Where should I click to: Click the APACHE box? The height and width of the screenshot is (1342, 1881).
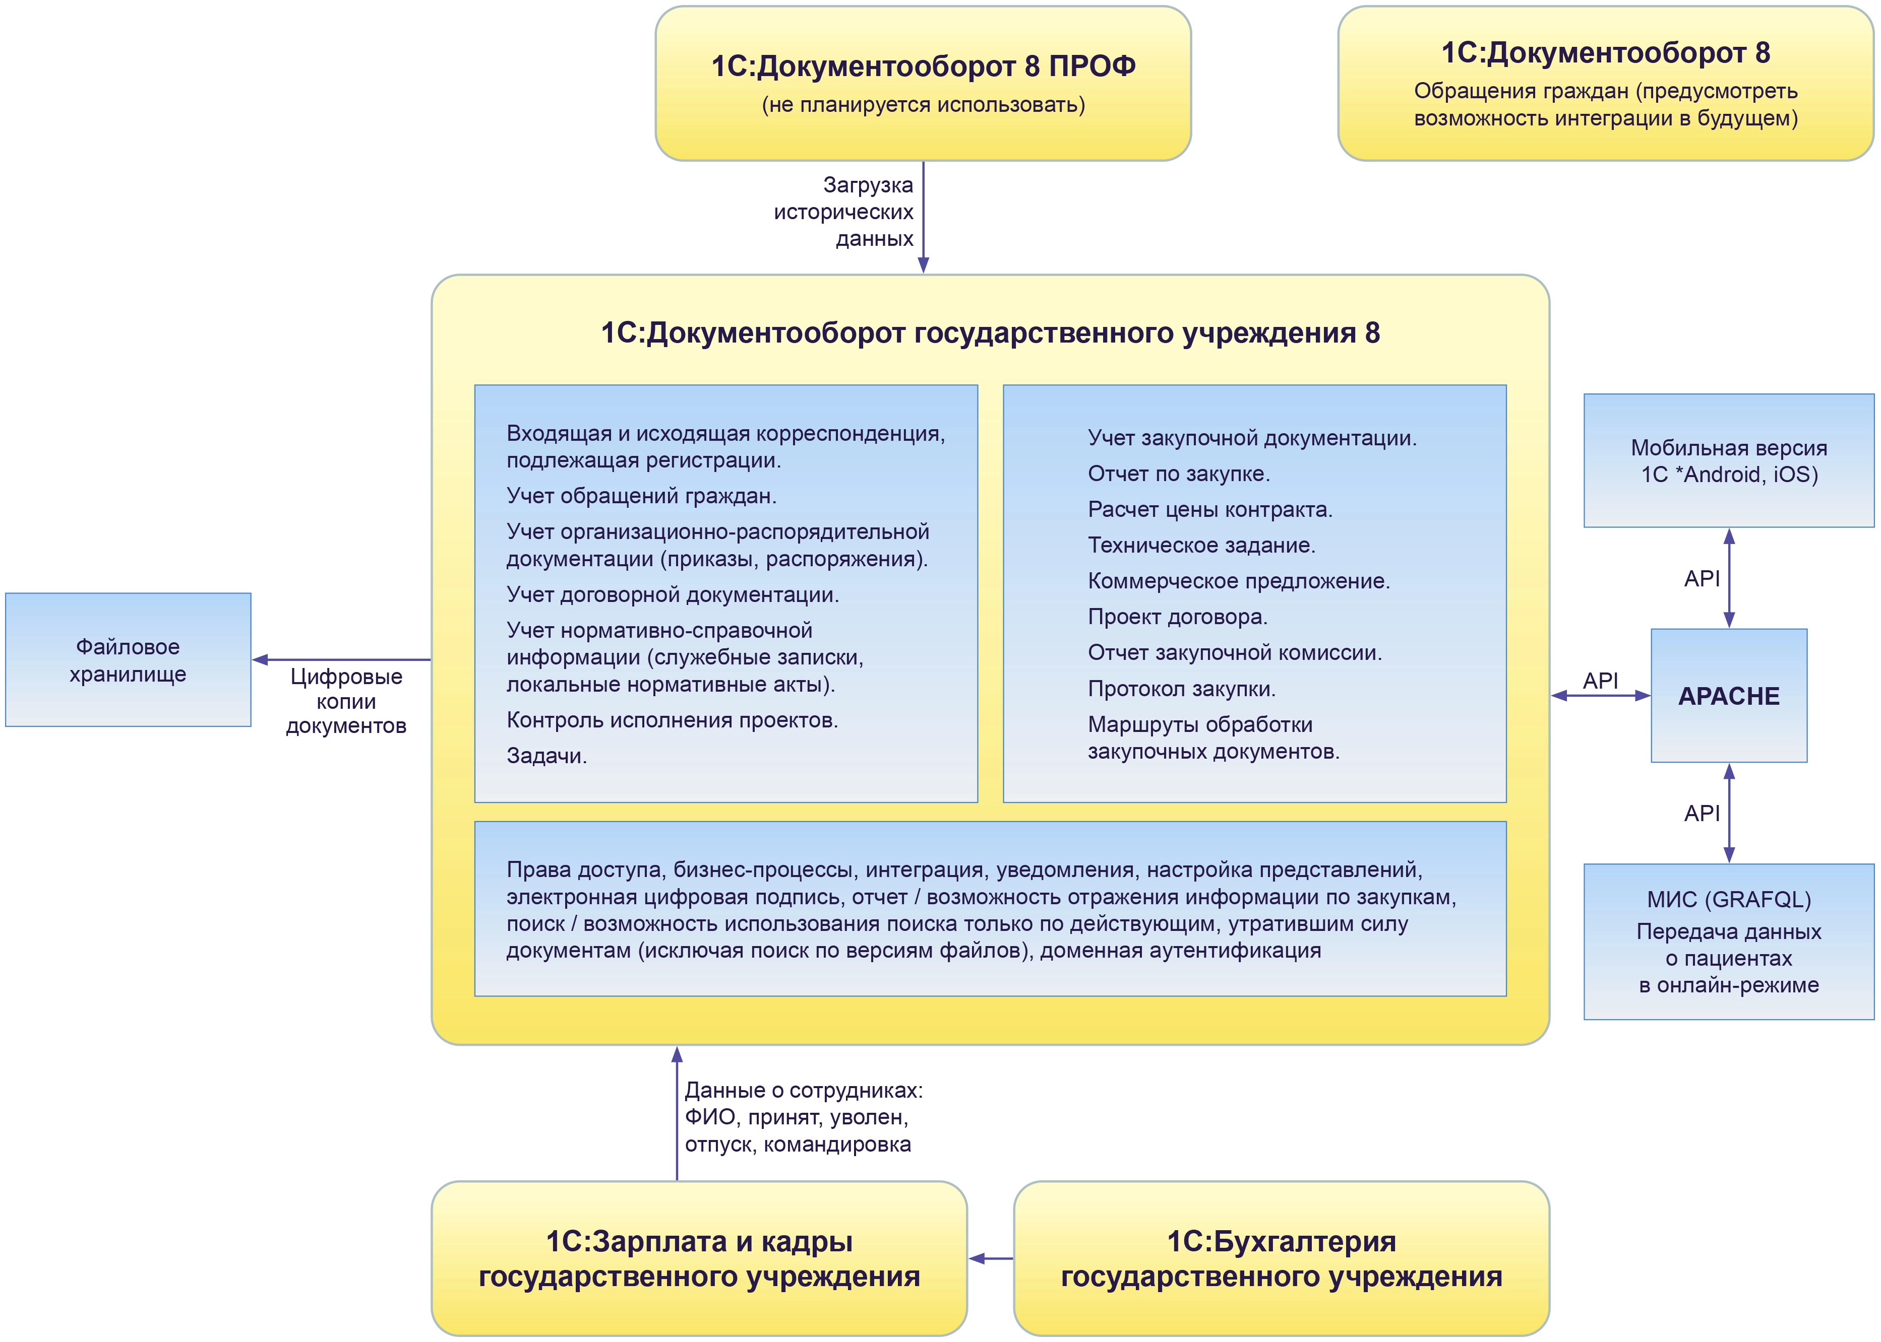pyautogui.click(x=1728, y=696)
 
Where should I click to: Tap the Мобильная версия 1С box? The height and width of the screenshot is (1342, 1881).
pyautogui.click(x=1728, y=460)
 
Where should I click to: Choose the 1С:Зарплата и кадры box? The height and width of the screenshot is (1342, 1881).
pyautogui.click(x=699, y=1258)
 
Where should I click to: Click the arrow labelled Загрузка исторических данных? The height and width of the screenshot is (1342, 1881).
pyautogui.click(x=924, y=215)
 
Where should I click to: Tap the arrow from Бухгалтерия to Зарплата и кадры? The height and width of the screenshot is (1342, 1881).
pyautogui.click(x=991, y=1258)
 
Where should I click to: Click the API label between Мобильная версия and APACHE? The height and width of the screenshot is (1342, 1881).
pyautogui.click(x=1702, y=578)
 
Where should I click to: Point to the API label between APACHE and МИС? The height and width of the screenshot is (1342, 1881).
pyautogui.click(x=1702, y=813)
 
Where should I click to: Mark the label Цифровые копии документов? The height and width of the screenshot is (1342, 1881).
pyautogui.click(x=346, y=701)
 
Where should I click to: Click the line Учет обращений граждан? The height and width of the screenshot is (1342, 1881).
pyautogui.click(x=641, y=496)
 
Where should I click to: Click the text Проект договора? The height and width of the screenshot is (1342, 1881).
pyautogui.click(x=1177, y=617)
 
